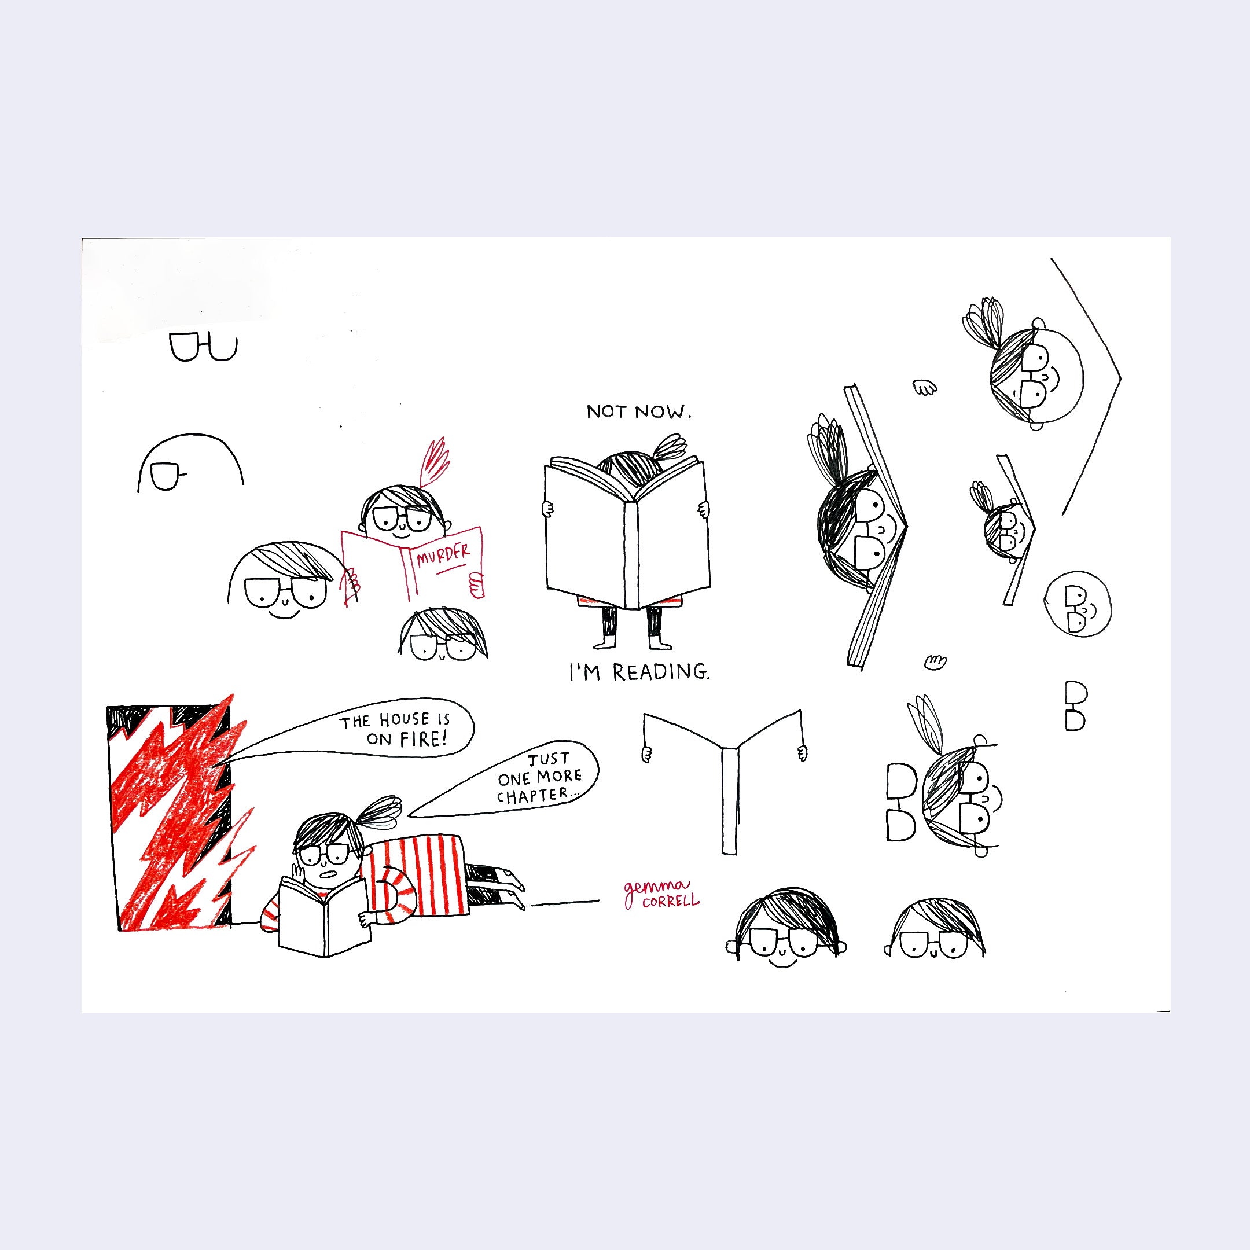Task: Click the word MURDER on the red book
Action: (443, 554)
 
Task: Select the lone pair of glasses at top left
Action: (203, 347)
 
